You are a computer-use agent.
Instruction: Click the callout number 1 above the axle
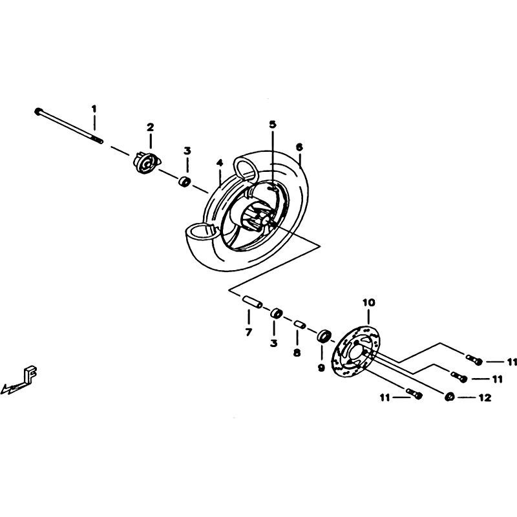[x=94, y=109]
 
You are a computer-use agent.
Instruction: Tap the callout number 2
[x=151, y=127]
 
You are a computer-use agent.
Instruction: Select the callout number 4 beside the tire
[x=220, y=163]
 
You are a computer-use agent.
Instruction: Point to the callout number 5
[x=272, y=124]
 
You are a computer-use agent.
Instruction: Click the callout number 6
[x=299, y=147]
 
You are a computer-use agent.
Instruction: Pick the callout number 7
[x=248, y=332]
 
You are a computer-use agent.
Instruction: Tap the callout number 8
[x=297, y=353]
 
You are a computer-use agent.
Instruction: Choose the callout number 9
[x=321, y=368]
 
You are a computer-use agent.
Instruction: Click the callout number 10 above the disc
[x=369, y=302]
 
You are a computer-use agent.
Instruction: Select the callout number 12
[x=485, y=398]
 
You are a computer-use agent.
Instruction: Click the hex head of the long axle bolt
[x=37, y=111]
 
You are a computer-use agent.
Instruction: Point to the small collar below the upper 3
[x=185, y=182]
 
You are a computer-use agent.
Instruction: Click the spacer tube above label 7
[x=252, y=302]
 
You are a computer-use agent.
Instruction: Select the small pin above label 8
[x=299, y=324]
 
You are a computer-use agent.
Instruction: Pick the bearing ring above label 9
[x=324, y=336]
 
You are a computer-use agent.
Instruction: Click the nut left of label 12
[x=449, y=397]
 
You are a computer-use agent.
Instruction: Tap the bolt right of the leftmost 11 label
[x=415, y=394]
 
